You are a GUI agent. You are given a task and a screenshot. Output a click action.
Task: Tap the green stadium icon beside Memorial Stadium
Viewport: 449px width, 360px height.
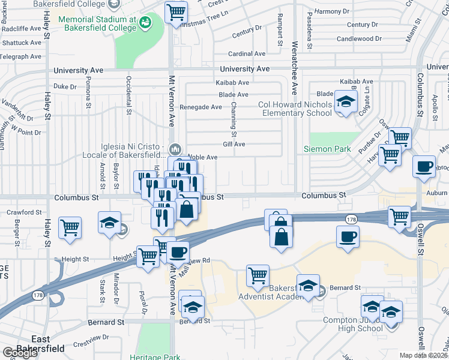click(145, 23)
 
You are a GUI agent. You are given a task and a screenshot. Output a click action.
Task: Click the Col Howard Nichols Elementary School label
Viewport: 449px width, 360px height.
click(295, 109)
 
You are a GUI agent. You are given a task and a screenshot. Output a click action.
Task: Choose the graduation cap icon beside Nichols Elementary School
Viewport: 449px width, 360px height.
click(345, 102)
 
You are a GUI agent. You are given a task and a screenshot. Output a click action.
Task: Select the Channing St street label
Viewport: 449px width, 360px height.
click(234, 118)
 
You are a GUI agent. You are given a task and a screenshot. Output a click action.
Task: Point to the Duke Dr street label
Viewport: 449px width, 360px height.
click(65, 86)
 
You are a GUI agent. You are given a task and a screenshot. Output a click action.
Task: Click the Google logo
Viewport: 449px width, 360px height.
click(20, 352)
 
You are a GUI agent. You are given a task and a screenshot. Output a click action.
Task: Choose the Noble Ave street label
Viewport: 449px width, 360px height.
click(202, 157)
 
